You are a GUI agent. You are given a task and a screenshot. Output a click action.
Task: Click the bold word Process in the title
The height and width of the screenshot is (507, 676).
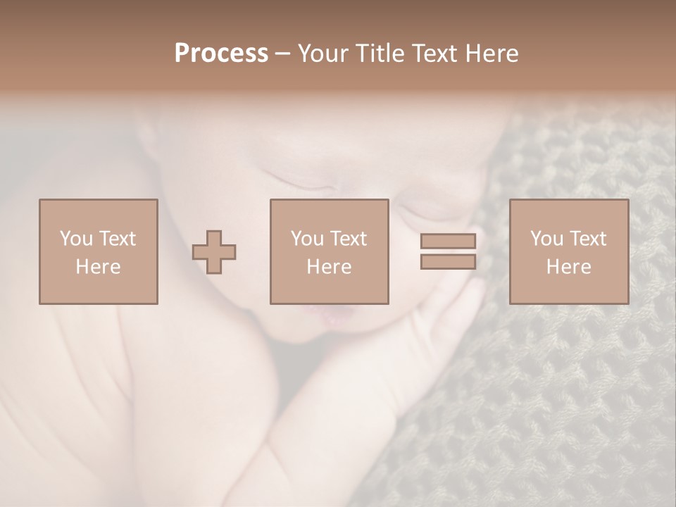pos(221,54)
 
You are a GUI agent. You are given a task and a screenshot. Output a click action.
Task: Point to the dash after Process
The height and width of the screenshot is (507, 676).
pos(283,54)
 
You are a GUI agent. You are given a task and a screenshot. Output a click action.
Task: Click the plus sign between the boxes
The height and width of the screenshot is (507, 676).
pos(214,252)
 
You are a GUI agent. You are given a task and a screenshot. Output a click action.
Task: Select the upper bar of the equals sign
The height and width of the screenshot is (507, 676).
pos(448,241)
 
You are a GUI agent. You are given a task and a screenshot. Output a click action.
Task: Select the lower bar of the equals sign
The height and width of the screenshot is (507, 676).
pos(448,262)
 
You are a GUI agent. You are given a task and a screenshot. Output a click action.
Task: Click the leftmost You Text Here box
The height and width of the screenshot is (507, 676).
pos(98,251)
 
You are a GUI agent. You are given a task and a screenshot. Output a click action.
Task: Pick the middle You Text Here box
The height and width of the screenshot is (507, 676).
pos(329,251)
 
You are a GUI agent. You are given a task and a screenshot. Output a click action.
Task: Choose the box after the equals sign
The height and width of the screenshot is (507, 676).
pos(568,251)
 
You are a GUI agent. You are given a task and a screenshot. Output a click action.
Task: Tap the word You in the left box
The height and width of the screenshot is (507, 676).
pos(76,239)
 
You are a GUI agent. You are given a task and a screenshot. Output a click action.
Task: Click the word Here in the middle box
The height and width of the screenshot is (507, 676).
pos(329,267)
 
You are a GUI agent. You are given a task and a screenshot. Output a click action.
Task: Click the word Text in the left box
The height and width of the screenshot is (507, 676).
pos(117,239)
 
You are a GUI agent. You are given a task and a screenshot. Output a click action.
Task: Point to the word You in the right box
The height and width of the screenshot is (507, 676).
pos(546,239)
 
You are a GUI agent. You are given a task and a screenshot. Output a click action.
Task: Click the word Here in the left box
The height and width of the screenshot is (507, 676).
pos(98,267)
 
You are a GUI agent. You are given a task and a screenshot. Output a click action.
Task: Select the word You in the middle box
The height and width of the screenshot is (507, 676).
pos(307,239)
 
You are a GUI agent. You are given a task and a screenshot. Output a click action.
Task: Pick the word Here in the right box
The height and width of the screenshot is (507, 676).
pos(568,267)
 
